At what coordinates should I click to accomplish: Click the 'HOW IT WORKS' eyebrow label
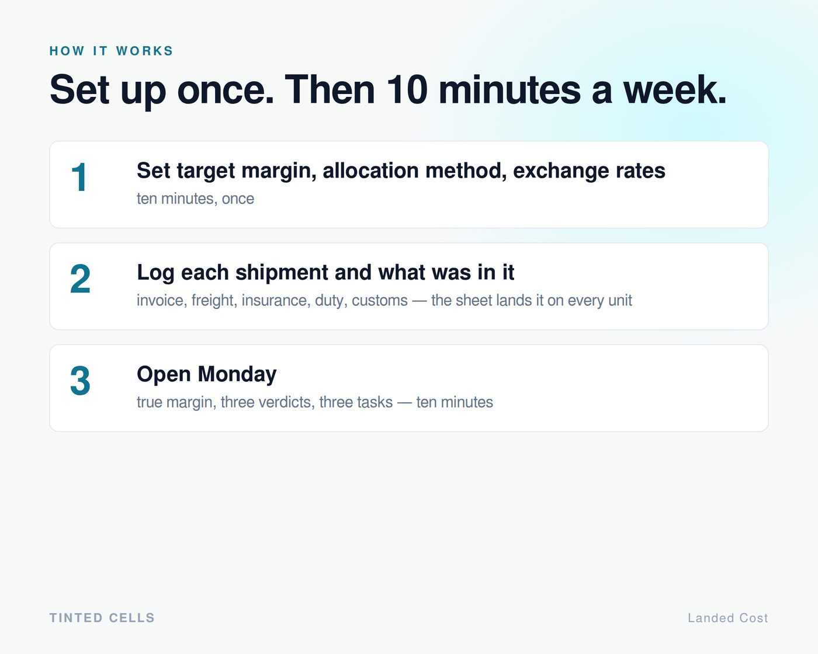pyautogui.click(x=111, y=51)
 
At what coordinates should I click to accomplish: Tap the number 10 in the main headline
pyautogui.click(x=407, y=89)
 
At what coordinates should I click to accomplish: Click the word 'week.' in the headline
pyautogui.click(x=675, y=89)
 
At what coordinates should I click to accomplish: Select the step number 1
pyautogui.click(x=79, y=177)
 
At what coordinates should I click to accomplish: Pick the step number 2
pyautogui.click(x=80, y=279)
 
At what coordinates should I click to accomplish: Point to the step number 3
pyautogui.click(x=80, y=381)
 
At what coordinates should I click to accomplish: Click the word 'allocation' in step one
pyautogui.click(x=370, y=171)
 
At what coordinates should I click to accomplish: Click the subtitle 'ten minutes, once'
pyautogui.click(x=195, y=199)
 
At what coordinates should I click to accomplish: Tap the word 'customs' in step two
pyautogui.click(x=379, y=301)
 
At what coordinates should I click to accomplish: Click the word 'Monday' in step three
pyautogui.click(x=237, y=375)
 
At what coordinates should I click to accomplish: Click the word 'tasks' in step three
pyautogui.click(x=375, y=402)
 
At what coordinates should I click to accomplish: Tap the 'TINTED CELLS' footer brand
pyautogui.click(x=102, y=618)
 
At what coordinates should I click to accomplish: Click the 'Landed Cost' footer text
pyautogui.click(x=728, y=618)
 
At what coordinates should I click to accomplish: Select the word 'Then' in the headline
pyautogui.click(x=330, y=89)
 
